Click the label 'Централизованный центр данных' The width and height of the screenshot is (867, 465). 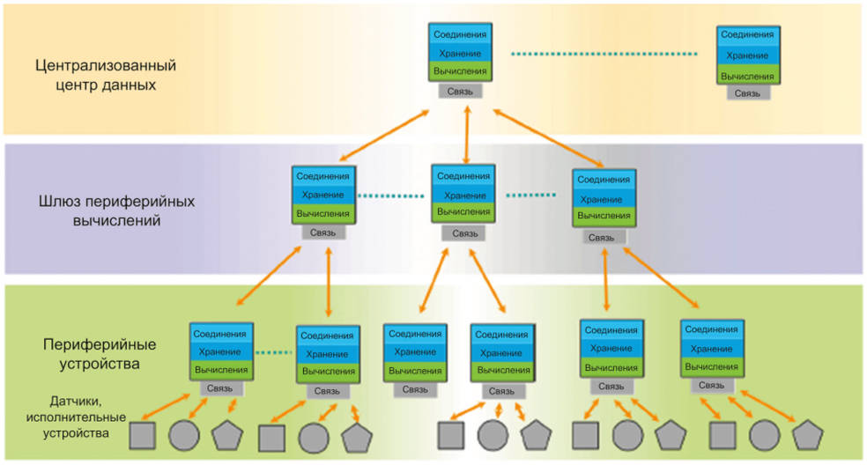(x=106, y=76)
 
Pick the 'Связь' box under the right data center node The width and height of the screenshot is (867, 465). (x=747, y=92)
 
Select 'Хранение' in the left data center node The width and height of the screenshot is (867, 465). (x=461, y=54)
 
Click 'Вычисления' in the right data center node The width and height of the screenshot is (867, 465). (x=747, y=76)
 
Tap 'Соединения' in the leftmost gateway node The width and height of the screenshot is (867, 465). (x=323, y=176)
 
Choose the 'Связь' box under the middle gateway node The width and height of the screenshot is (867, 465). (x=464, y=233)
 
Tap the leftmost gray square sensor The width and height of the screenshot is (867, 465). (x=143, y=435)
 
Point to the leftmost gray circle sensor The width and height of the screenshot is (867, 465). (x=183, y=435)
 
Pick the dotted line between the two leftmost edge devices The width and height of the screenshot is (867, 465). (x=274, y=354)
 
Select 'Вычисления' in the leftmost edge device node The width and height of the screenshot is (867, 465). (x=221, y=369)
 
